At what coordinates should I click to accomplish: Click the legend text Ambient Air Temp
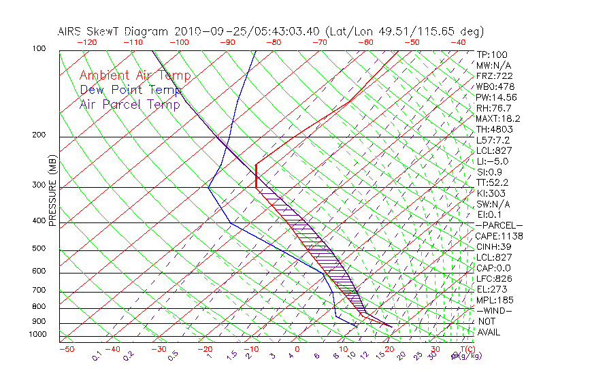(135, 76)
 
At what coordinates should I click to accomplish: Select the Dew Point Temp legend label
(131, 90)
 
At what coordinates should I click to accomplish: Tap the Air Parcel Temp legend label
(130, 104)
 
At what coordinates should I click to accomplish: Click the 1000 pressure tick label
(38, 335)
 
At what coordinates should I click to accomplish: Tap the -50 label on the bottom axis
(66, 350)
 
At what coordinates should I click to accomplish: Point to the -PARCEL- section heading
(499, 225)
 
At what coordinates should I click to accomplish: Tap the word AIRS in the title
(71, 31)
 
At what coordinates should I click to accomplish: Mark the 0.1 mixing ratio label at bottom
(97, 355)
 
